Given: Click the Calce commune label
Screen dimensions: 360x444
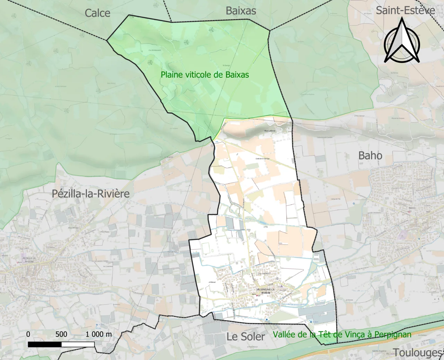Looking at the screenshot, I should (97, 13).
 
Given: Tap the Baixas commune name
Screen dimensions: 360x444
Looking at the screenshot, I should (241, 11).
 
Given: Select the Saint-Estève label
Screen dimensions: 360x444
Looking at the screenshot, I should (405, 10).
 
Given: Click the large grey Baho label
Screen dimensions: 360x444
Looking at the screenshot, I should (370, 155).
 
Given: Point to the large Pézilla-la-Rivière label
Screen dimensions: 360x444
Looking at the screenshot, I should (91, 194).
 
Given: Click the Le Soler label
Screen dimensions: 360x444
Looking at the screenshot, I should (246, 336).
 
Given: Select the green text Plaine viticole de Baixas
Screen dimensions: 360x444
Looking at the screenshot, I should (205, 75).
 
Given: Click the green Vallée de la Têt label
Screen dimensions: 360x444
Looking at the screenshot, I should (342, 334).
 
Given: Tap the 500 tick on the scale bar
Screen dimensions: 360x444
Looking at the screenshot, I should (61, 334).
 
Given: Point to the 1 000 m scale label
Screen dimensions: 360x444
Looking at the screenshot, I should (99, 334).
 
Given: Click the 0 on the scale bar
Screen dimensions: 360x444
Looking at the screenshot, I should (28, 334).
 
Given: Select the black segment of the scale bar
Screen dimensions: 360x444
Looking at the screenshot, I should (45, 344).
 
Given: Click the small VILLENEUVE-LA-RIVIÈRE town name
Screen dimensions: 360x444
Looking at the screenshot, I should (265, 291).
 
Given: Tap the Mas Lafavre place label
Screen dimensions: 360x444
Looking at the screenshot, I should (270, 131).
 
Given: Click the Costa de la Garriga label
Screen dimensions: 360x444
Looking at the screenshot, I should (262, 158).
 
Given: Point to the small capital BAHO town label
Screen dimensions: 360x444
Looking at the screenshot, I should (412, 208).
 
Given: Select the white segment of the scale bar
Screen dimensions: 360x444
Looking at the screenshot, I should (78, 344).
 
